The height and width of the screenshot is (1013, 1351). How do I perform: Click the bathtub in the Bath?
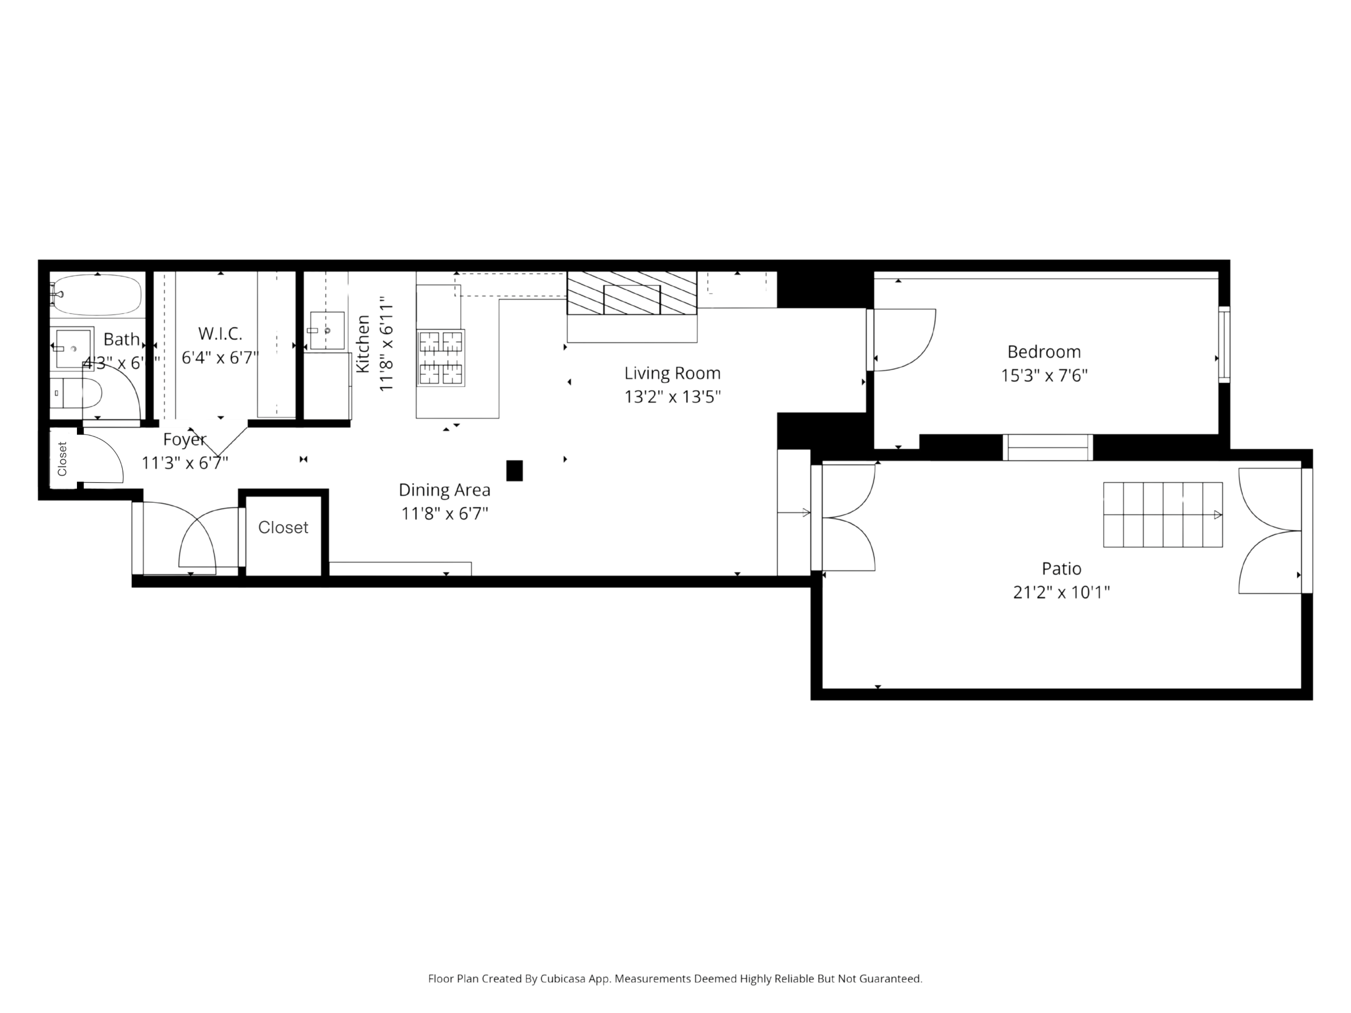pos(98,295)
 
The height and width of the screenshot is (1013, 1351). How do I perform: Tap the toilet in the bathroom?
pos(83,393)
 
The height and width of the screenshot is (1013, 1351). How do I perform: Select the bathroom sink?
pos(73,348)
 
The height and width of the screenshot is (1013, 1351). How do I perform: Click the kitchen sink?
pos(327,330)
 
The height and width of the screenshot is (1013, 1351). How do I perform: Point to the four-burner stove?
pos(440,358)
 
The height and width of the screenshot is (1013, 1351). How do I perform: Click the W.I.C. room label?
pos(220,334)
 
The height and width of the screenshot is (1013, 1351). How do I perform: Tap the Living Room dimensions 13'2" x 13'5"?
pos(672,397)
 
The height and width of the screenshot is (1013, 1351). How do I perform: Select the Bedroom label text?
pos(1044,352)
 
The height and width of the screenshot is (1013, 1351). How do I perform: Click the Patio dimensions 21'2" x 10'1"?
pos(1062,592)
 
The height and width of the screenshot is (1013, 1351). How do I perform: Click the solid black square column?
pos(514,471)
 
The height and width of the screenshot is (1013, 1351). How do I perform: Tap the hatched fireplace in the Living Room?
pos(631,294)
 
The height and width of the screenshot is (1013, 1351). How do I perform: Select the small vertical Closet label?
pos(62,459)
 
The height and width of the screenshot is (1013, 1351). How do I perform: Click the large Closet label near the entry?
pos(283,528)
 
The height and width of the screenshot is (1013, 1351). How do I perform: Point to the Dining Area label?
pos(444,490)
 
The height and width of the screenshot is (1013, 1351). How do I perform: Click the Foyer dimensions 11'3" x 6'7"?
pos(184,463)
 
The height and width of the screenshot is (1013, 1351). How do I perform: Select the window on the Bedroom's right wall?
pos(1224,344)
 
